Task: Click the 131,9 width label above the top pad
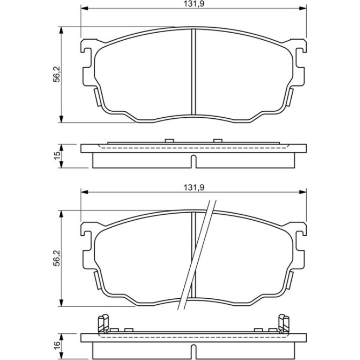pos(194,4)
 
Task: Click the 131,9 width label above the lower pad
pos(194,187)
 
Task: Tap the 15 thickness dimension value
pos(57,156)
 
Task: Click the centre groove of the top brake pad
pos(194,72)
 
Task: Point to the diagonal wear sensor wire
pos(197,255)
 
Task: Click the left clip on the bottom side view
pos(103,324)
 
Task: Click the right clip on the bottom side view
pos(283,324)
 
